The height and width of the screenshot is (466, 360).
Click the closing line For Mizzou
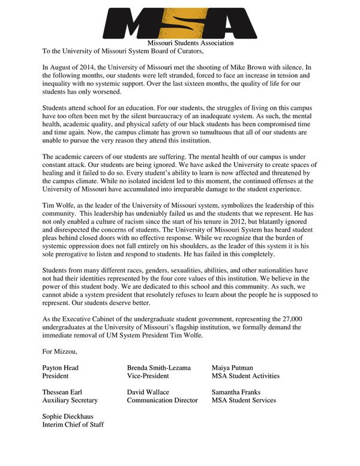coord(59,350)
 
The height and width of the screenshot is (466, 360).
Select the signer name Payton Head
coord(60,367)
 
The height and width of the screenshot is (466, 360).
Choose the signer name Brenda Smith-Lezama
coord(161,367)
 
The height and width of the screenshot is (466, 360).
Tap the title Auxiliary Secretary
coord(69,400)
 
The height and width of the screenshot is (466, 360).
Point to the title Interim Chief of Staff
coord(73,425)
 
